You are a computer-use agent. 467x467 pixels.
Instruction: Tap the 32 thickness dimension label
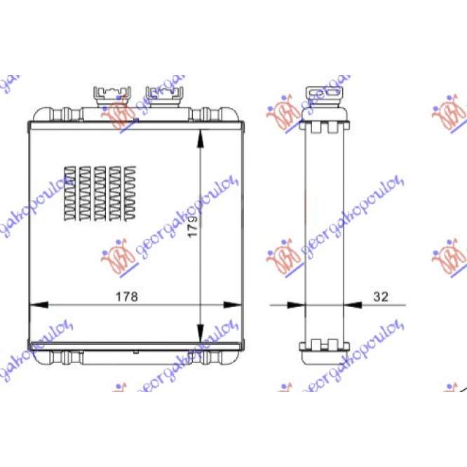coord(381,297)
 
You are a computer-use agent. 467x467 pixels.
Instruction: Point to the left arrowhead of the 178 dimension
coord(36,305)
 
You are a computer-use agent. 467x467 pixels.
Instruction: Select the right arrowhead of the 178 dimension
coord(232,305)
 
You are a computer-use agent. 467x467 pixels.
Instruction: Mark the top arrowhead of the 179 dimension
coord(201,137)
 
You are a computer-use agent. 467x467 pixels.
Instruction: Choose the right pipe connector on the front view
coord(162,95)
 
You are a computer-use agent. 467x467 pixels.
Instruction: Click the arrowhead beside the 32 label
coord(351,305)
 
